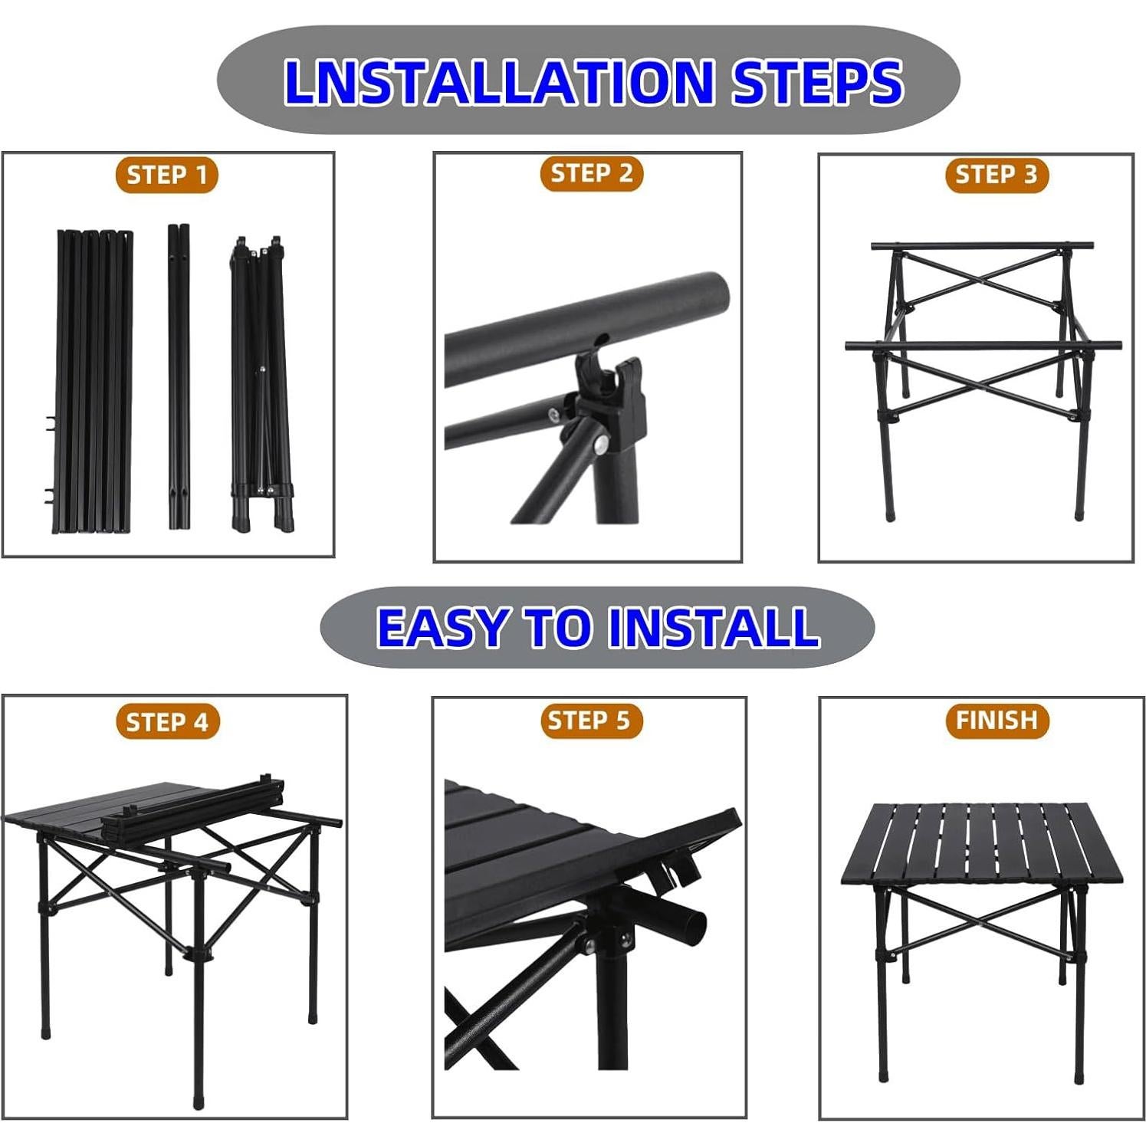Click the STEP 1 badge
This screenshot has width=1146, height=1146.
point(167,175)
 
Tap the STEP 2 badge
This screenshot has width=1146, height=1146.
point(591,173)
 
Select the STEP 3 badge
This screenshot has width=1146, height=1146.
point(996,175)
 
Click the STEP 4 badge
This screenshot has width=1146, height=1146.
point(167,722)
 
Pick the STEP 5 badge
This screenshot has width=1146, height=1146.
point(589,721)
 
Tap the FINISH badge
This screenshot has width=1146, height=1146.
point(997,721)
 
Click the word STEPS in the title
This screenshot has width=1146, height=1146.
point(816,82)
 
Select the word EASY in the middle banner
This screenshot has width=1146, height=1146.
point(442,627)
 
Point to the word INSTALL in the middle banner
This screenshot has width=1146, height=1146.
point(713,627)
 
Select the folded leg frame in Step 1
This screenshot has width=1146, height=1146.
point(261,383)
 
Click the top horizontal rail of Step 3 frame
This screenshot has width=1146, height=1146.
point(982,246)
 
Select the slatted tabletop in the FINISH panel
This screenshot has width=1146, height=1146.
point(981,843)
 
